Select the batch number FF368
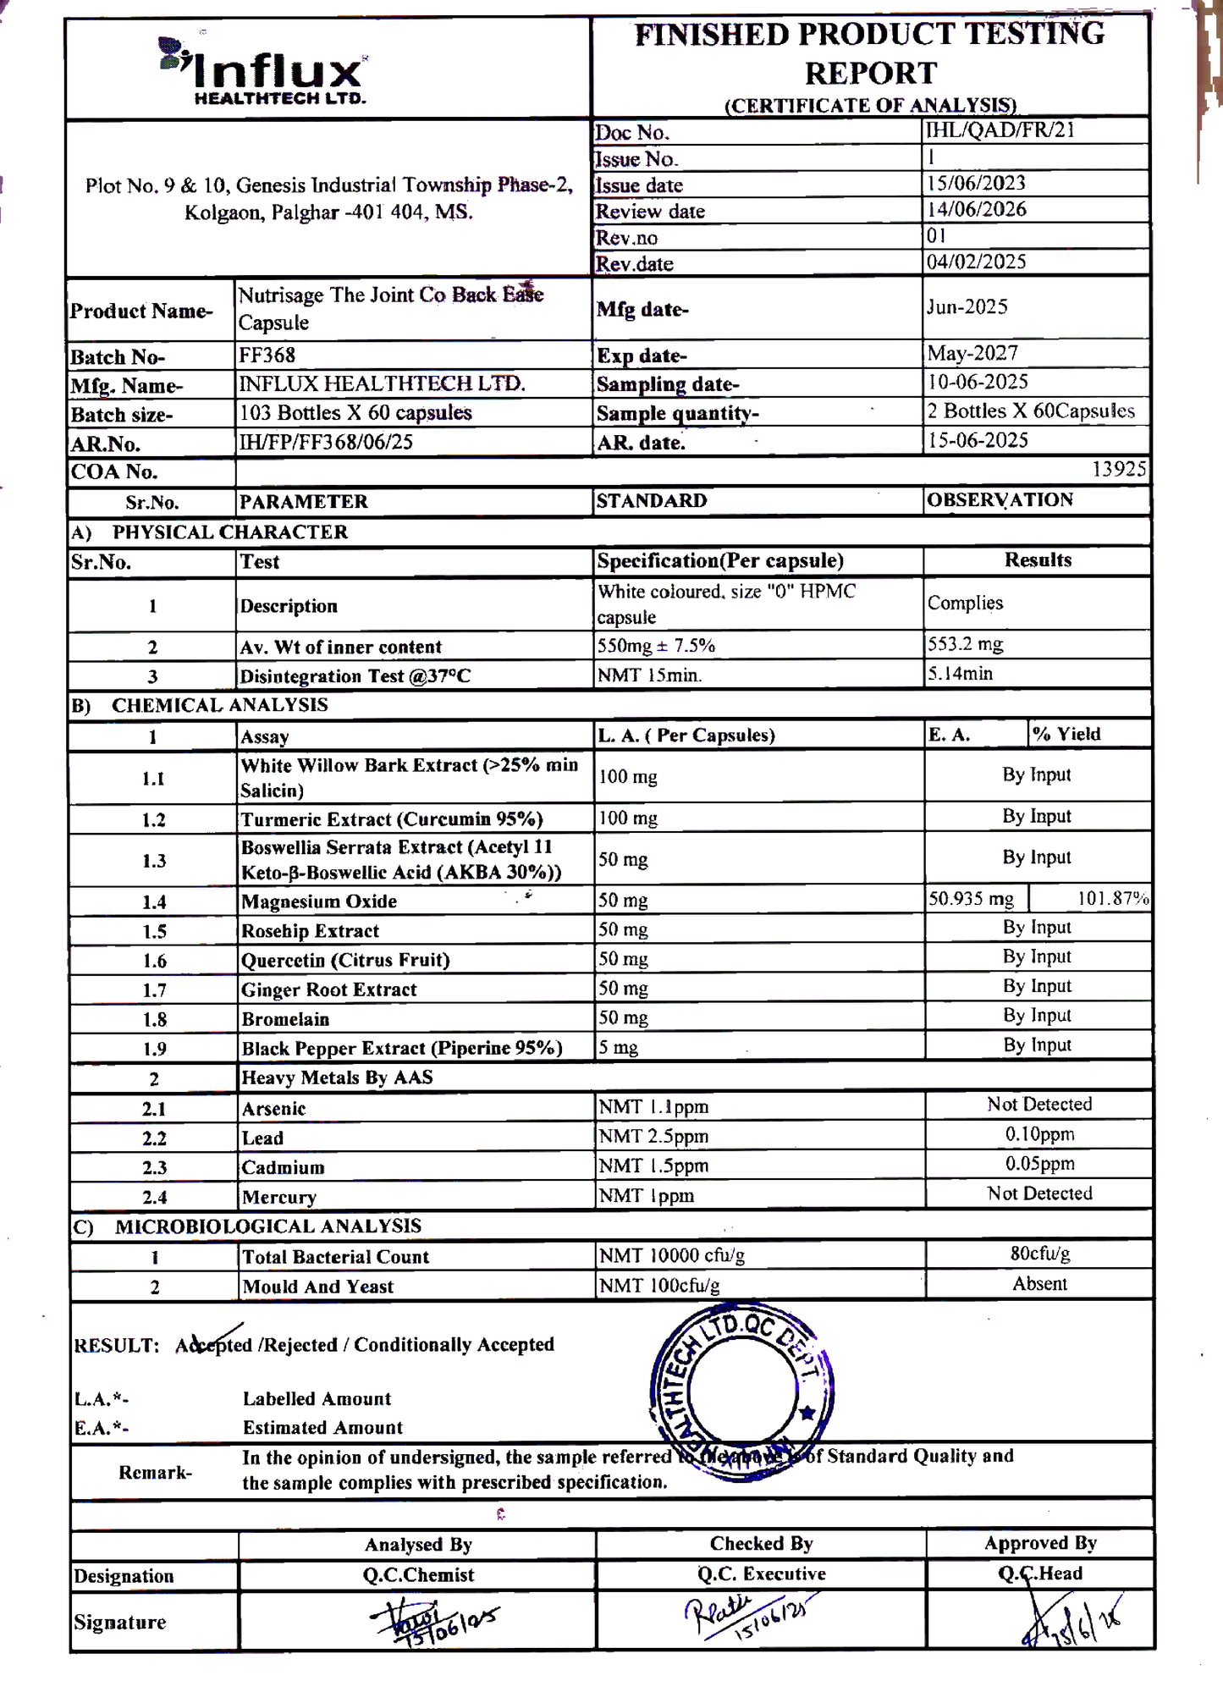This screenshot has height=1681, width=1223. pos(267,355)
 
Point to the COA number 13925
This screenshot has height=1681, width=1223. pos(1118,470)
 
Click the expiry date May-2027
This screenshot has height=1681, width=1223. pos(972,353)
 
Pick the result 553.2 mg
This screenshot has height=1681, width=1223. pos(965,644)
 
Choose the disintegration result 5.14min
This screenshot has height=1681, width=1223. pos(960,674)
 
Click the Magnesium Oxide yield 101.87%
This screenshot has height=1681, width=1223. pos(1112,899)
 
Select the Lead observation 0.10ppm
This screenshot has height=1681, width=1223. pos(1039,1134)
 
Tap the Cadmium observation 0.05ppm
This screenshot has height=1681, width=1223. pos(1039,1164)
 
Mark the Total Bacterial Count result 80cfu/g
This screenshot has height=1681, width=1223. pos(1039,1254)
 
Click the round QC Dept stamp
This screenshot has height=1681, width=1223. pos(742,1392)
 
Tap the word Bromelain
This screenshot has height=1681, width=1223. pos(285,1019)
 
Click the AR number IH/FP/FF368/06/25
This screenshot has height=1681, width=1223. pos(326,442)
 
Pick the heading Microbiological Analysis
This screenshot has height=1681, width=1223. pos(267,1226)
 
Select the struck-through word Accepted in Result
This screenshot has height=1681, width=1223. pos(214,1345)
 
